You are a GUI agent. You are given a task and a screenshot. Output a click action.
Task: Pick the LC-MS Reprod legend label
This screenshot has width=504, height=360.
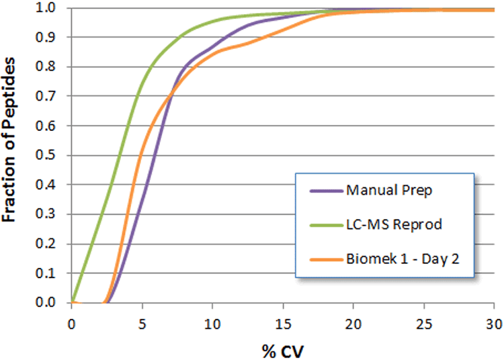pyautogui.click(x=394, y=224)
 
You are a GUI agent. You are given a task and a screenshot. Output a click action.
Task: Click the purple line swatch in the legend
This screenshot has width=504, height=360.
pyautogui.click(x=325, y=191)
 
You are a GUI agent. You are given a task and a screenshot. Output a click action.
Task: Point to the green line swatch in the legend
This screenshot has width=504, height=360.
pyautogui.click(x=325, y=224)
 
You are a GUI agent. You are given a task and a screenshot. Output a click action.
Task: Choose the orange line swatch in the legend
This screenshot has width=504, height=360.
pyautogui.click(x=325, y=259)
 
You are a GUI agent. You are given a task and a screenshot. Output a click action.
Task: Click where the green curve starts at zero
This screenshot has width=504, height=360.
pyautogui.click(x=73, y=302)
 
